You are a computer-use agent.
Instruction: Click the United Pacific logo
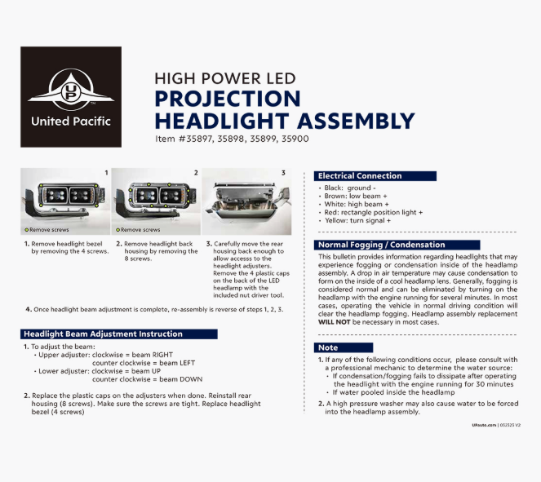click(x=71, y=96)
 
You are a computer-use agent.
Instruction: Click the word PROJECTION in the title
click(x=228, y=99)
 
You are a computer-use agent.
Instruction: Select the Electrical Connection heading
click(x=360, y=175)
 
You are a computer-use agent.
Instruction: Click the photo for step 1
click(x=65, y=201)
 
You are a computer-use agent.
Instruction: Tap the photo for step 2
click(x=155, y=201)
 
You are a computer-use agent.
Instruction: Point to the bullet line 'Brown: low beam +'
click(x=357, y=196)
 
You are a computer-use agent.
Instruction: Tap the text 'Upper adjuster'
click(x=63, y=356)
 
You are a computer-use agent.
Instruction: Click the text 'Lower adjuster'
click(x=63, y=371)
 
